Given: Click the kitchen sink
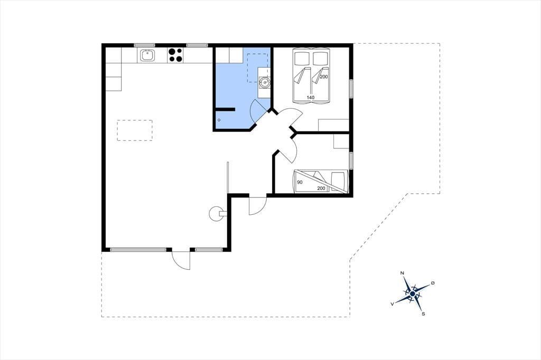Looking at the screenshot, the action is [x=147, y=55].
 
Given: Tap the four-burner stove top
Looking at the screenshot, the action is [x=175, y=55].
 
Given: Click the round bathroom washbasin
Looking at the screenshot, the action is [x=264, y=82].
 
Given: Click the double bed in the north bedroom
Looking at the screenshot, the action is [x=311, y=75].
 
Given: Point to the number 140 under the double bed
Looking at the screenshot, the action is [x=311, y=98].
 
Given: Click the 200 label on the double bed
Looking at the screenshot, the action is [x=324, y=77].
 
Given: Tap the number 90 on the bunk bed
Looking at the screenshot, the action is [x=300, y=182].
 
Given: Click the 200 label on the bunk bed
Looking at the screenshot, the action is [x=321, y=188].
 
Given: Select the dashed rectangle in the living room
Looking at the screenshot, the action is [x=135, y=130].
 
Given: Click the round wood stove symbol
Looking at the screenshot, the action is [x=216, y=213].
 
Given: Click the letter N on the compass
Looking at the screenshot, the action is [x=402, y=273].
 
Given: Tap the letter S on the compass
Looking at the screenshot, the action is [x=423, y=314].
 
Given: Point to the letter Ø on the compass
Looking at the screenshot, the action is [x=433, y=283].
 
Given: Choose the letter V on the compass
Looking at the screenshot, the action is [x=393, y=304].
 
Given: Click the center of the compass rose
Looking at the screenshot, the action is [x=413, y=294].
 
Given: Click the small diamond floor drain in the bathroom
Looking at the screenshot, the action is [x=219, y=120].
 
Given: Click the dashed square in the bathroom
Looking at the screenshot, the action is [x=258, y=68].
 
